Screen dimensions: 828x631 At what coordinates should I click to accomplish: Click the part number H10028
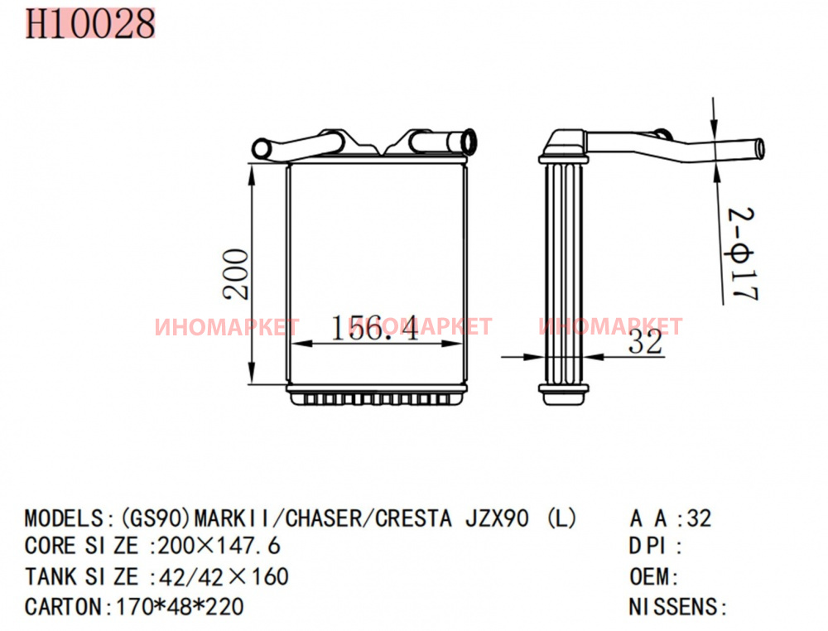(x=90, y=24)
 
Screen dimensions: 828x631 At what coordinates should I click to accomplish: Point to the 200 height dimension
(x=235, y=274)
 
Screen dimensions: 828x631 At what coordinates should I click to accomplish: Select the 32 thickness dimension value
(x=645, y=342)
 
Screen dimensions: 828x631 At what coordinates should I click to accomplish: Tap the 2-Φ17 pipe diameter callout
(x=743, y=254)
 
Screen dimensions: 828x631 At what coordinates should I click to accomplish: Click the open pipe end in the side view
(x=758, y=148)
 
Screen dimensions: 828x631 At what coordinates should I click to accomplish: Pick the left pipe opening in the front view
(x=260, y=148)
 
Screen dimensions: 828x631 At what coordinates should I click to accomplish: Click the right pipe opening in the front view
(x=469, y=140)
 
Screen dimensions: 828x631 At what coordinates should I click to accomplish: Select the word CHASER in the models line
(x=323, y=518)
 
